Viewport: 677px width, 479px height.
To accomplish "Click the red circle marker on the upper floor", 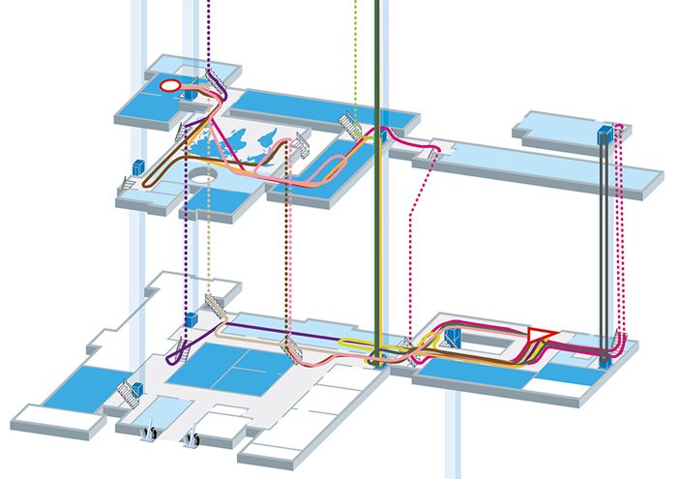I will point(169,86).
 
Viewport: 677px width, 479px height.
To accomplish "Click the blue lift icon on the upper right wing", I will point(603,135).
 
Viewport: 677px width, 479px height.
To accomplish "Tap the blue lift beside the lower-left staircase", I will point(138,389).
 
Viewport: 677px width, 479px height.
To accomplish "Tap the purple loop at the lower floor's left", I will point(175,356).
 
